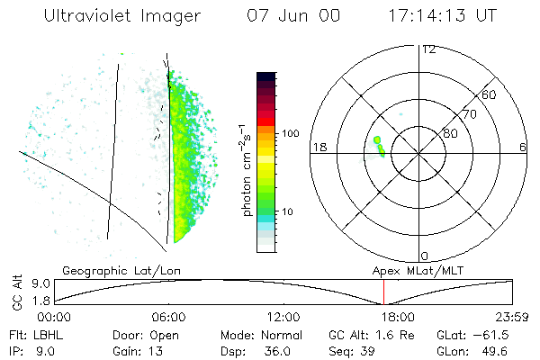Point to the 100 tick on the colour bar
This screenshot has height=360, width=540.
(289, 133)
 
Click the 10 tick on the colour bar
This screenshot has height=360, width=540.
(289, 211)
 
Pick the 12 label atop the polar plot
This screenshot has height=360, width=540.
(428, 49)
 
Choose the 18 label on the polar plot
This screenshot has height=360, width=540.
(318, 148)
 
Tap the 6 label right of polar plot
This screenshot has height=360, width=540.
(523, 148)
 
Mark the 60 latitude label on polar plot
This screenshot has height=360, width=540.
(490, 94)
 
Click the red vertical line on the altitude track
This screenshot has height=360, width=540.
(383, 292)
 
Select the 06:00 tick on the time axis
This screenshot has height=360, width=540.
(168, 317)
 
